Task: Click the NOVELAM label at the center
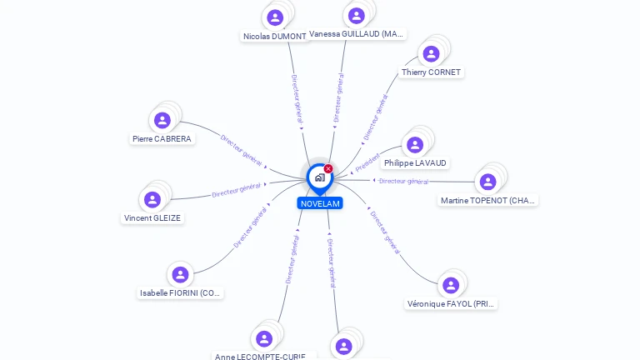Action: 320,203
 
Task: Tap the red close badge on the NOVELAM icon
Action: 328,169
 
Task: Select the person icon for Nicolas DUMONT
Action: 275,17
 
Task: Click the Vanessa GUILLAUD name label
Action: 357,34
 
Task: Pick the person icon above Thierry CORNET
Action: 431,54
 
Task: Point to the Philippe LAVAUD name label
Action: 415,163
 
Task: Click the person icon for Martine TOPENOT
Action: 487,182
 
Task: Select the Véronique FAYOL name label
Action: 451,304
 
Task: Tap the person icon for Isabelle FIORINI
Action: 180,274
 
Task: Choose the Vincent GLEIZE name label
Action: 152,218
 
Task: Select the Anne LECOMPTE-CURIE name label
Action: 259,357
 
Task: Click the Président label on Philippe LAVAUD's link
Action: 367,162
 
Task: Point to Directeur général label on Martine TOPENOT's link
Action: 403,181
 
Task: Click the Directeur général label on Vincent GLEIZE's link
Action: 236,189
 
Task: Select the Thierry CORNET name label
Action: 431,72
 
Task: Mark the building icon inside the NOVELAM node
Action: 319,177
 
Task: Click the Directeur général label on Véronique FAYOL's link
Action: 385,231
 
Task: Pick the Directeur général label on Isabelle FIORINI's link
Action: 250,228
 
